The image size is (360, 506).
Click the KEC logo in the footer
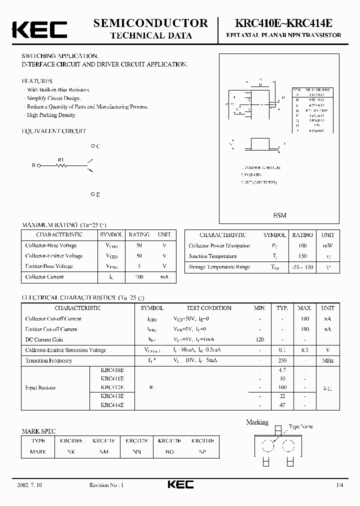tap(180, 484)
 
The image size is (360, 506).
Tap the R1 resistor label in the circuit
tap(61, 160)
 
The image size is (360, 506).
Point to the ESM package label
tap(279, 215)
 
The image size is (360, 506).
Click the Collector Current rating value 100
tap(139, 277)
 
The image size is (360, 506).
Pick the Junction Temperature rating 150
tap(302, 256)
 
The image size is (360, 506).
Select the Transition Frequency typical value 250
tap(283, 360)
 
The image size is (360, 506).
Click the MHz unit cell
tap(327, 360)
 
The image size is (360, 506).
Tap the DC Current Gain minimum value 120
tap(260, 339)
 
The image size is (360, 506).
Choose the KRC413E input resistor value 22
tap(283, 395)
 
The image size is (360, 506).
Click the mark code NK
tap(71, 451)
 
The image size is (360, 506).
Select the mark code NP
tap(202, 451)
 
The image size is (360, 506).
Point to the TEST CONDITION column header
tap(209, 308)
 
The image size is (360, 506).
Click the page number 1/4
tap(340, 485)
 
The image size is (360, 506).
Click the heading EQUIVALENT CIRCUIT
tap(54, 131)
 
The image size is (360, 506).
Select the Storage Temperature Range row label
tap(219, 267)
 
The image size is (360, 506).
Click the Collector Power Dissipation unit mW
tap(327, 246)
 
